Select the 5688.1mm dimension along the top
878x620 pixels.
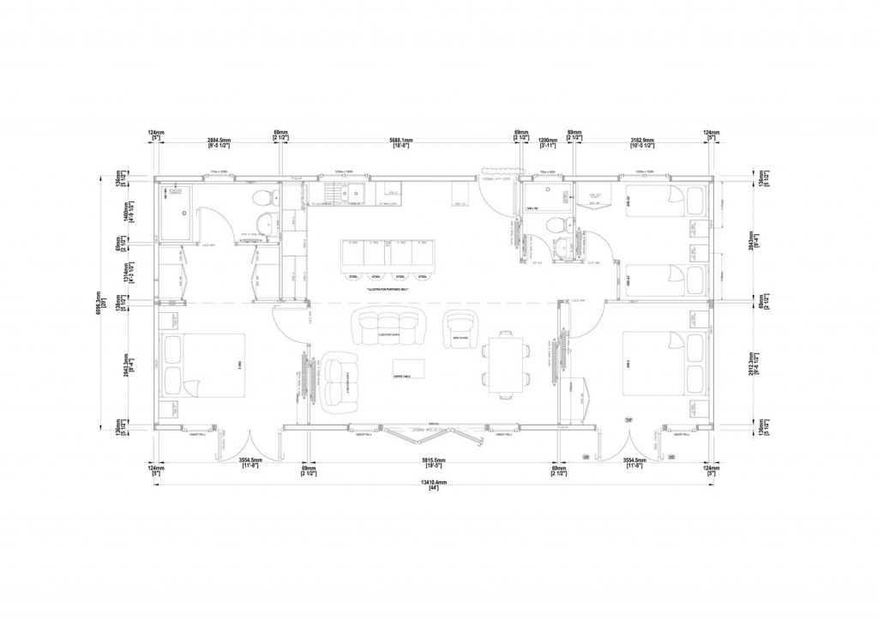tap(400, 141)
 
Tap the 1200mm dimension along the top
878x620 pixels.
tap(546, 141)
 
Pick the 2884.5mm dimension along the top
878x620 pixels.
tap(218, 141)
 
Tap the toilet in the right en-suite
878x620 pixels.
tap(556, 226)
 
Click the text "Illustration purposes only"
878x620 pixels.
tap(385, 290)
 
